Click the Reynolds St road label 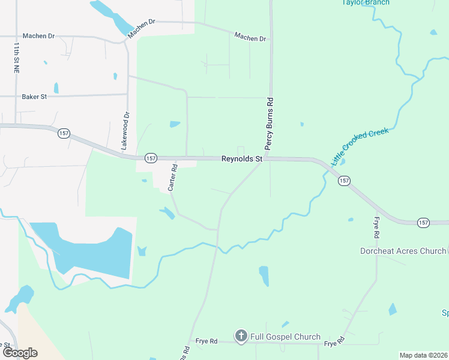[242, 160]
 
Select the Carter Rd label [172, 178]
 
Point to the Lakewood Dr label [125, 131]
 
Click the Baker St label [34, 97]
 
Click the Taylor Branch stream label [366, 2]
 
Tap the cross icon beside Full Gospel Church [241, 336]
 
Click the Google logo [20, 353]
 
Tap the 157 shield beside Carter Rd [151, 158]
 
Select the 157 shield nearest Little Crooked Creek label [344, 181]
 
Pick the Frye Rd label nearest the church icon [206, 341]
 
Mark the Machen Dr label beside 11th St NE [38, 36]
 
